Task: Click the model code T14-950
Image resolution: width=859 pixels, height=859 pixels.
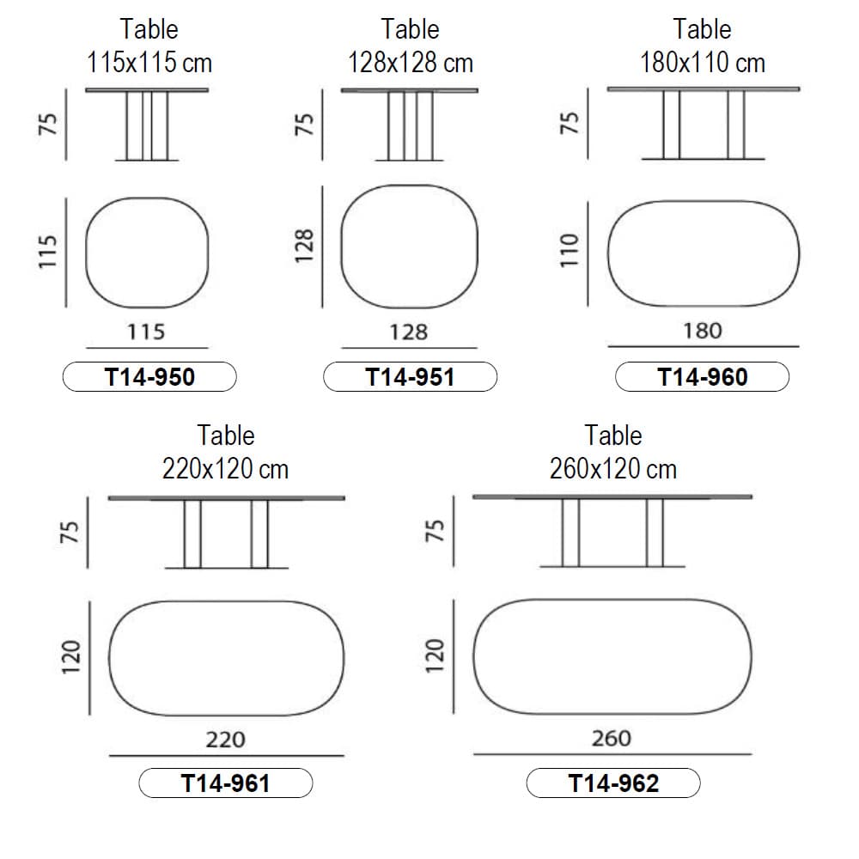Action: click(x=149, y=377)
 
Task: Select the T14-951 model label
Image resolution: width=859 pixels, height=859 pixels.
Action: click(x=411, y=377)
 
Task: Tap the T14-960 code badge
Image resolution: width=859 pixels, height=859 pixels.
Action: click(x=703, y=377)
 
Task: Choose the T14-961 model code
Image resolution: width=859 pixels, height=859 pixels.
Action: click(x=226, y=783)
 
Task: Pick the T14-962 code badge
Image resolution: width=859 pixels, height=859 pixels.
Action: click(x=613, y=783)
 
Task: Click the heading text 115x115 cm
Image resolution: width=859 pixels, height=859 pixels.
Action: click(x=149, y=63)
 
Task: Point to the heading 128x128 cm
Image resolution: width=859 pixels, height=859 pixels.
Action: click(x=411, y=63)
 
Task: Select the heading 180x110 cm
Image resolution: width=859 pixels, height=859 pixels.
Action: click(x=703, y=63)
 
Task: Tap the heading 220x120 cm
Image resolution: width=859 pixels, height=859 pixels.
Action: click(x=225, y=469)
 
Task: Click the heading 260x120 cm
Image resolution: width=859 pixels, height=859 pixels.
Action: click(x=613, y=469)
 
